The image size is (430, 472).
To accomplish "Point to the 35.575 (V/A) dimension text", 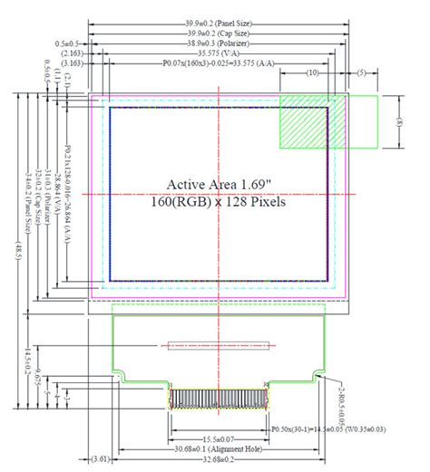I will coord(218,53).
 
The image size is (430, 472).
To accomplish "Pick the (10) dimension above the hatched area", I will coord(312,72).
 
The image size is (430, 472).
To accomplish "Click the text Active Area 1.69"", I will coord(218,184).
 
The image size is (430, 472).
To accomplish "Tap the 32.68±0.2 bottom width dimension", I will coord(218,459).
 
